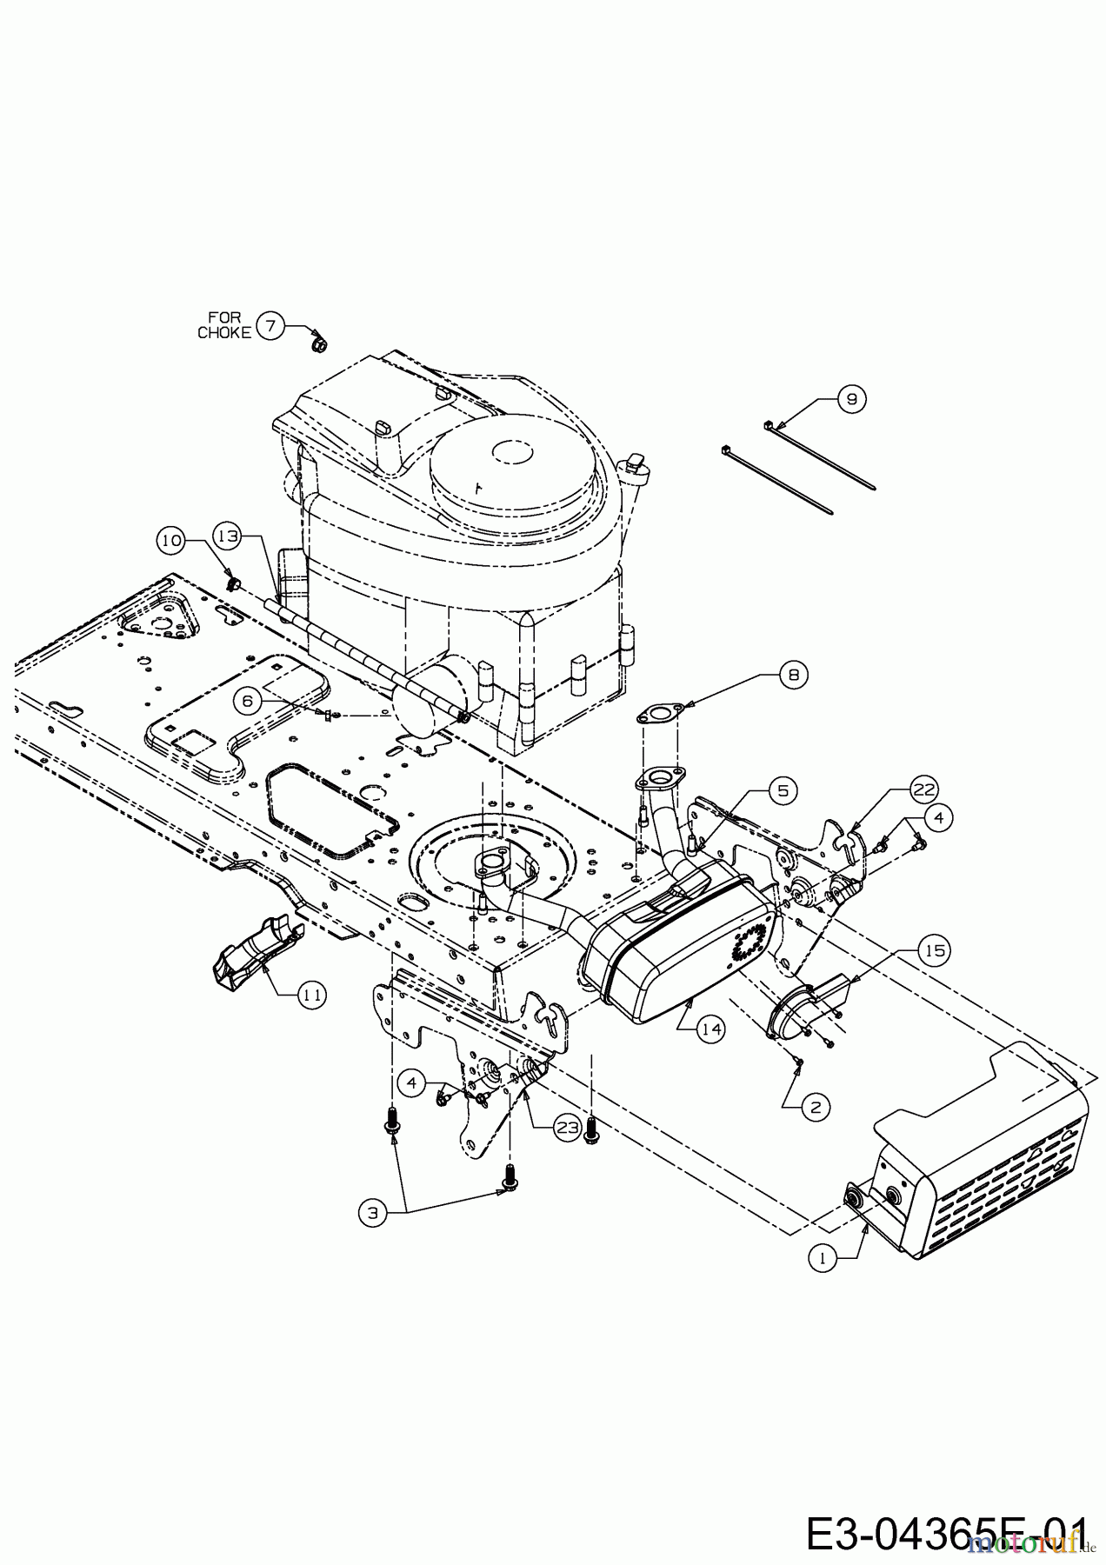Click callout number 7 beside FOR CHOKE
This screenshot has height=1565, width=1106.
pyautogui.click(x=270, y=327)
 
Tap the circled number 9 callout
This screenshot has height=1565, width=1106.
pyautogui.click(x=851, y=399)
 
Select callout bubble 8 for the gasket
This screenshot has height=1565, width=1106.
pyautogui.click(x=792, y=675)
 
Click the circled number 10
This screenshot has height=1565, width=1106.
pyautogui.click(x=171, y=540)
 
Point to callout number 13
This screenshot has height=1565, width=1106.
pyautogui.click(x=228, y=537)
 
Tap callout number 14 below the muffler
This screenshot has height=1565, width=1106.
pyautogui.click(x=711, y=1029)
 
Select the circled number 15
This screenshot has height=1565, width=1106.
pyautogui.click(x=935, y=951)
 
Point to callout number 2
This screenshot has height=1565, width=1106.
pyautogui.click(x=815, y=1108)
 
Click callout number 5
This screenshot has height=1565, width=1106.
pyautogui.click(x=783, y=791)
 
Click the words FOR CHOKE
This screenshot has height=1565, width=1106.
pyautogui.click(x=223, y=326)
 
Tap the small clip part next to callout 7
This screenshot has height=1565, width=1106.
pyautogui.click(x=319, y=346)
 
